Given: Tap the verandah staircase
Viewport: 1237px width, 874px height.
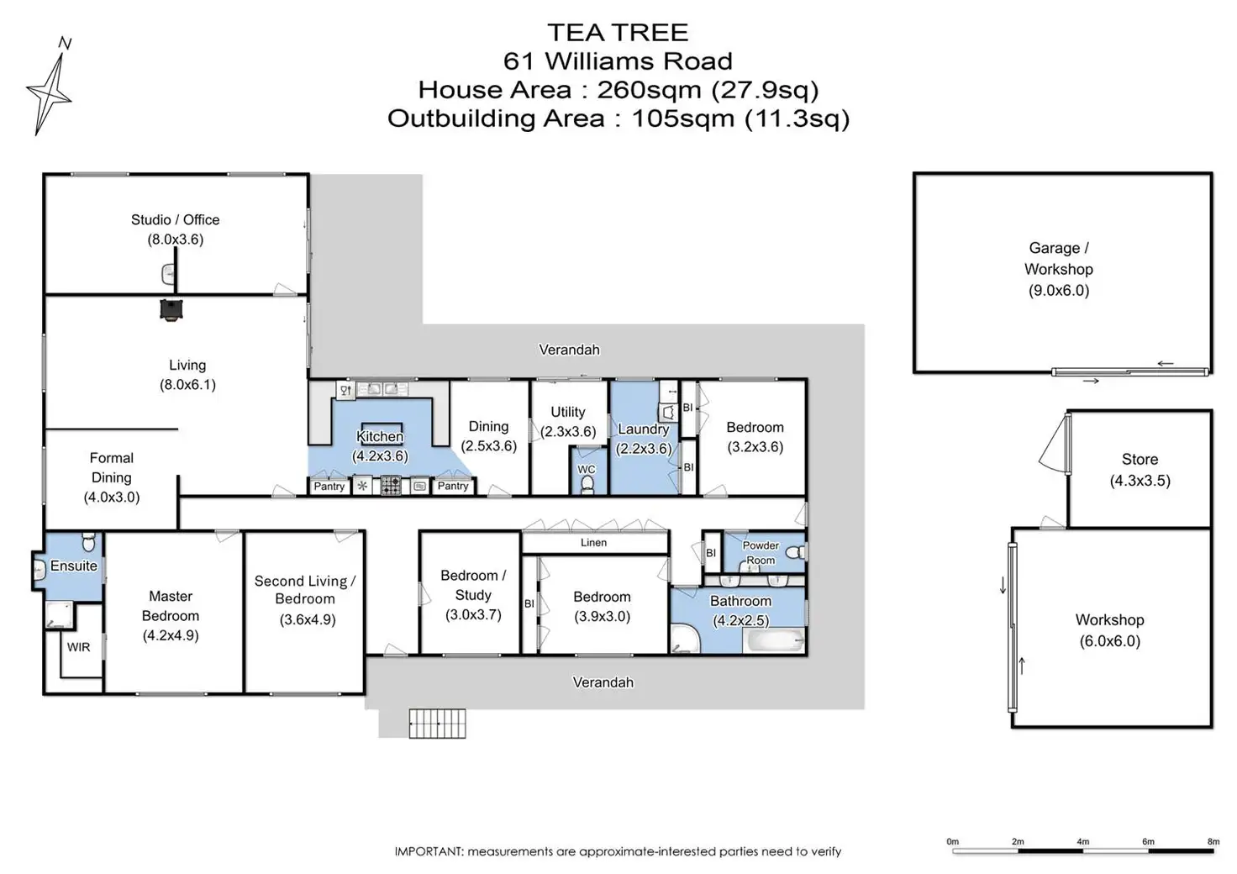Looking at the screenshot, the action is pos(437,723).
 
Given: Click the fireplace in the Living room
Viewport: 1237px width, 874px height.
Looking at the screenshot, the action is pos(171,309).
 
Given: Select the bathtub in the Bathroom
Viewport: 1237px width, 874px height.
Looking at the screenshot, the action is pos(774,641).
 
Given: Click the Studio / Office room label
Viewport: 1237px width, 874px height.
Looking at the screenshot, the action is pos(175,219).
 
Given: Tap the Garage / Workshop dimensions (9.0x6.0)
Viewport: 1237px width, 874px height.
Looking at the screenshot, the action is pos(1058,291).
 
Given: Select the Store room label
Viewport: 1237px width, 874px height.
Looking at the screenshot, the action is pos(1140,459).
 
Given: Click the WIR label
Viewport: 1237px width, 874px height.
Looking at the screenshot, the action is pos(78,647).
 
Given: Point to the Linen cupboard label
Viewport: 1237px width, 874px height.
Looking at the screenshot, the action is pos(593,542).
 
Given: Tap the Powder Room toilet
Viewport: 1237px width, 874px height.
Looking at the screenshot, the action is pos(798,552).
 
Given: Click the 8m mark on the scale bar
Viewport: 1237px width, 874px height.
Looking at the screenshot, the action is pos(1213,841).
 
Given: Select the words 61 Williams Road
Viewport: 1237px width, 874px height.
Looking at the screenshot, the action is pos(618,61).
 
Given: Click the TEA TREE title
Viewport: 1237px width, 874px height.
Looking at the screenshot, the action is pos(618,32).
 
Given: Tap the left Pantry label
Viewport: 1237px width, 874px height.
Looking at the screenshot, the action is pos(329,486).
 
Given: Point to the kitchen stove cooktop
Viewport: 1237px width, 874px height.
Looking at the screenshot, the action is pos(391,486).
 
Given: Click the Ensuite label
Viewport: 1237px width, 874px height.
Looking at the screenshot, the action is pos(74,566).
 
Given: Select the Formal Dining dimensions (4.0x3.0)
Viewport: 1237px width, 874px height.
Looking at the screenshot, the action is pos(111,497).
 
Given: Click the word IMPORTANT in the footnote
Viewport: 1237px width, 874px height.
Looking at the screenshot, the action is pos(428,851).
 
